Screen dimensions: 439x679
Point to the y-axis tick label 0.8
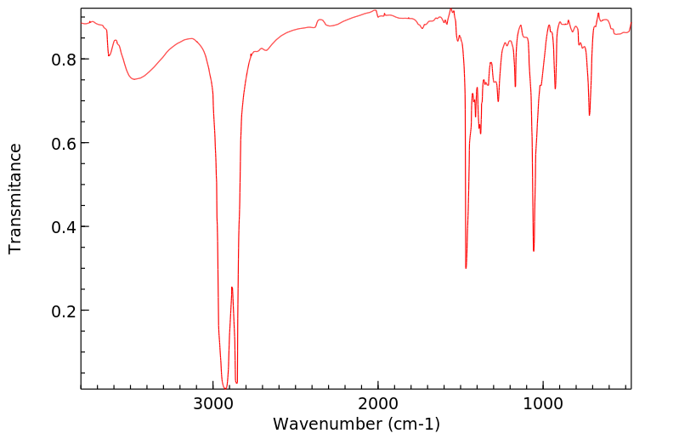[63, 60]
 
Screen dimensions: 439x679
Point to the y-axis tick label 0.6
[63, 143]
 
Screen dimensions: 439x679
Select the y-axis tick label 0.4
[63, 227]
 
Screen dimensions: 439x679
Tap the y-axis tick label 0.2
[63, 311]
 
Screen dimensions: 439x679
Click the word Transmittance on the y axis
[15, 198]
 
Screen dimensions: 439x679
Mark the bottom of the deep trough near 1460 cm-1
[466, 268]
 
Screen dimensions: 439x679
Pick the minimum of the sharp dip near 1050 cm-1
[534, 251]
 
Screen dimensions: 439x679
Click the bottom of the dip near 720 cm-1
[589, 115]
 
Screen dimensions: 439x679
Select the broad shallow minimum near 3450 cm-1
[134, 79]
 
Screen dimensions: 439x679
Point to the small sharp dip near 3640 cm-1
[109, 55]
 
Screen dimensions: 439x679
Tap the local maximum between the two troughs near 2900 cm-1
[231, 288]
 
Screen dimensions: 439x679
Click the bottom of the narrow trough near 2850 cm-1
[236, 382]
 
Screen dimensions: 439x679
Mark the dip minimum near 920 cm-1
[555, 88]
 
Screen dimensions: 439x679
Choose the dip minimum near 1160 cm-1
[516, 86]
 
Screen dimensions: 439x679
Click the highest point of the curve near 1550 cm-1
[451, 9]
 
